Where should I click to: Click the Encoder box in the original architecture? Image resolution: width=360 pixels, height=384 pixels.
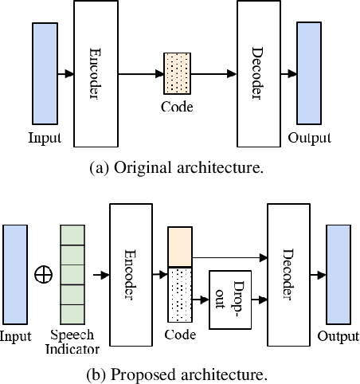tap(96, 73)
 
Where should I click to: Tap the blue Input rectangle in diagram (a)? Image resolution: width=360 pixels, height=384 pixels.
tap(45, 73)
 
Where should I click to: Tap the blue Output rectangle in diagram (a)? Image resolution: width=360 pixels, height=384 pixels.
tap(308, 73)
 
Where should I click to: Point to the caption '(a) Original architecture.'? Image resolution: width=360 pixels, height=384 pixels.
tap(180, 167)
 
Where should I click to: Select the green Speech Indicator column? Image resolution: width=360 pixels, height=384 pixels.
tap(72, 274)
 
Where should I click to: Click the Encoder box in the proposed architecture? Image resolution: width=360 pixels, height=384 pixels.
tap(131, 274)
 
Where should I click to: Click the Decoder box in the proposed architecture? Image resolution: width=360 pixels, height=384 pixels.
tap(288, 274)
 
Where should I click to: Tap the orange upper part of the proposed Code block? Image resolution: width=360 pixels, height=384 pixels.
tap(180, 246)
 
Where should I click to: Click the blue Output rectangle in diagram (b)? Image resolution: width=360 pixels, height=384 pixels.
tap(338, 275)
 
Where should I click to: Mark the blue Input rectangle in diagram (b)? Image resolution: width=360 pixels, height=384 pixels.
tap(15, 274)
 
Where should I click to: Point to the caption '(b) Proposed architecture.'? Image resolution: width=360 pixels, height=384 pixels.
tap(180, 373)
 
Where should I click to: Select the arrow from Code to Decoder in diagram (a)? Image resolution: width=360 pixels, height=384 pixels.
tap(210, 74)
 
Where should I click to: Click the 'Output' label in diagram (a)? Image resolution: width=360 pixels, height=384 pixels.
tap(308, 137)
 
